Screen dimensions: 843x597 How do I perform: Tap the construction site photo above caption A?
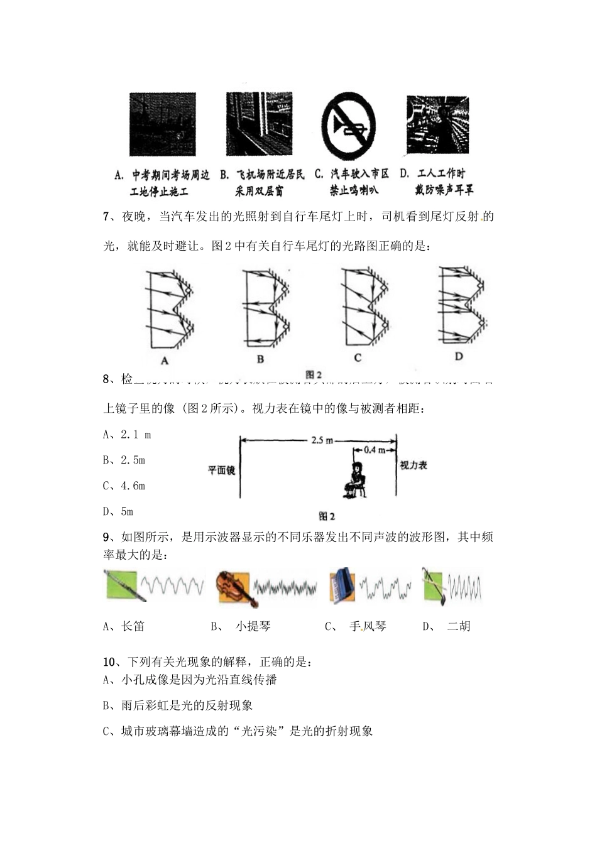(x=162, y=124)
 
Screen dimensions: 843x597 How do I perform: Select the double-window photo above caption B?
(x=259, y=124)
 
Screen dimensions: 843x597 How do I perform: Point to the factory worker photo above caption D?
(x=437, y=124)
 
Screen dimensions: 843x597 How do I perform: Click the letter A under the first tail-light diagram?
(x=165, y=361)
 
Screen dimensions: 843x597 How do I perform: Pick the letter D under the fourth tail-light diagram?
(x=459, y=356)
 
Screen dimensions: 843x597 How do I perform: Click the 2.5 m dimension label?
(x=322, y=440)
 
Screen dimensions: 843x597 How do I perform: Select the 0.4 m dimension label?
(x=375, y=450)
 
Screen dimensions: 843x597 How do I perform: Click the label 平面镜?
(x=221, y=470)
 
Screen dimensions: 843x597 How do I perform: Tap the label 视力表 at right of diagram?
(x=414, y=465)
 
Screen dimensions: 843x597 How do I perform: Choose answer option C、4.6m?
(x=124, y=486)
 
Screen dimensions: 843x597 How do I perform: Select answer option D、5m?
(x=118, y=511)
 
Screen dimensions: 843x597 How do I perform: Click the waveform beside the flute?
(x=172, y=586)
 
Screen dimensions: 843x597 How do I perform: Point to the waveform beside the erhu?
(x=464, y=587)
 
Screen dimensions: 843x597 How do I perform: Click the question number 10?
(x=109, y=662)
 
